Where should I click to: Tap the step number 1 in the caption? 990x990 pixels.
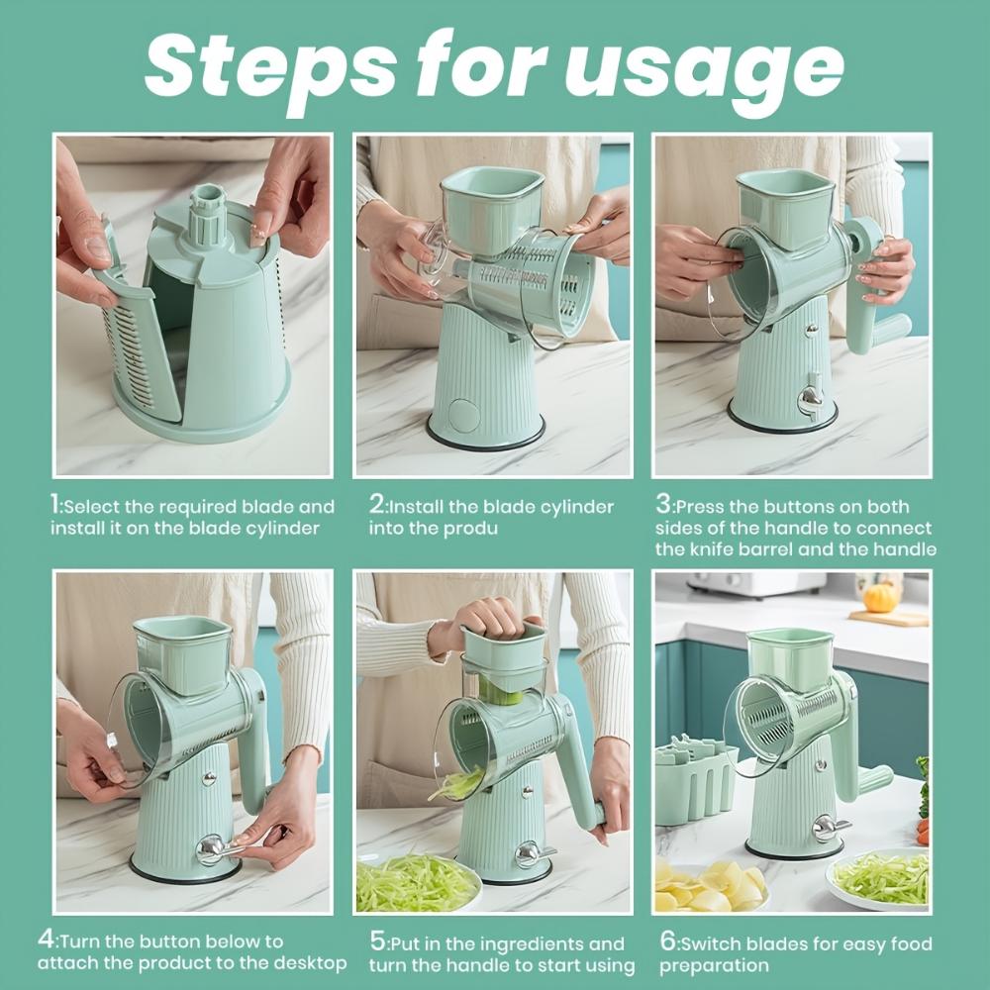[x=55, y=505]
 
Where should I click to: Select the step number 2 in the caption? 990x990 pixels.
[x=376, y=505]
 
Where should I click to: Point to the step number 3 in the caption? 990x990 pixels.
[x=663, y=505]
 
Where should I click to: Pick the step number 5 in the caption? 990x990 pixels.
[x=377, y=942]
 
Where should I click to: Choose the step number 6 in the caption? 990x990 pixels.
[x=667, y=942]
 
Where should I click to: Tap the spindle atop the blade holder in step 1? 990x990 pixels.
[x=208, y=213]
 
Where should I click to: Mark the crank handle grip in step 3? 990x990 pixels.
[x=889, y=330]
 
